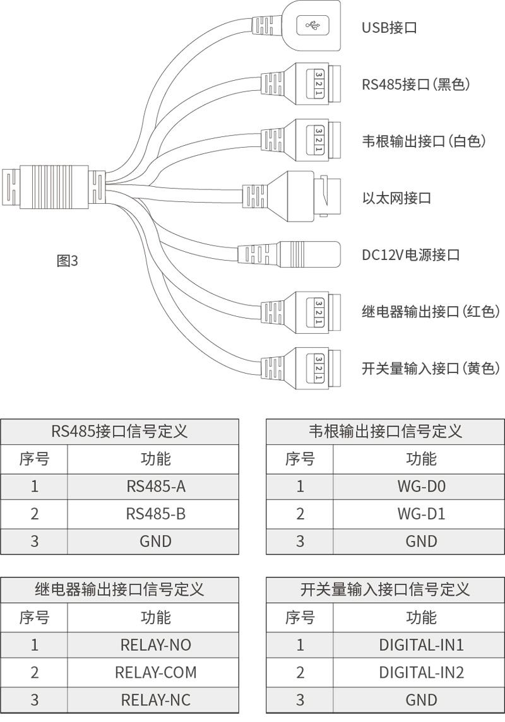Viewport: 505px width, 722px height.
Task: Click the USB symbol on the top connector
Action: pyautogui.click(x=312, y=25)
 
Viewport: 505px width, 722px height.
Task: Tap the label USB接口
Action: pyautogui.click(x=389, y=28)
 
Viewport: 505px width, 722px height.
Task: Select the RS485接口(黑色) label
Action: pyautogui.click(x=416, y=85)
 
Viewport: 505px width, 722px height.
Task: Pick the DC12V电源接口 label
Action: pyautogui.click(x=410, y=255)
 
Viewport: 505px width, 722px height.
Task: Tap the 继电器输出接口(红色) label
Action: pyautogui.click(x=431, y=312)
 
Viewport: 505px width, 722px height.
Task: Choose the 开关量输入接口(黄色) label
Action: pyautogui.click(x=431, y=369)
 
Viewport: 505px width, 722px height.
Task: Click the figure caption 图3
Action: pyautogui.click(x=68, y=261)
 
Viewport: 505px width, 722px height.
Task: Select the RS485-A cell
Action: pyautogui.click(x=155, y=487)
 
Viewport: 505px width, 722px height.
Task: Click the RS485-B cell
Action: pyautogui.click(x=155, y=514)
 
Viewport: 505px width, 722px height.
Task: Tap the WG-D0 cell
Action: pyautogui.click(x=421, y=487)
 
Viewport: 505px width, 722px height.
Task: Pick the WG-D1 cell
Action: pyautogui.click(x=421, y=514)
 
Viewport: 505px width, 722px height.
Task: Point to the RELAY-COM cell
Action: pyautogui.click(x=155, y=672)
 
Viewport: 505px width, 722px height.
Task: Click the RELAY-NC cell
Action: pyautogui.click(x=155, y=699)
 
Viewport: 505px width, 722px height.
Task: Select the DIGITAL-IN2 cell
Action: pyautogui.click(x=421, y=672)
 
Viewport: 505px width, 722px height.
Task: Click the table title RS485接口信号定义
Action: pyautogui.click(x=119, y=432)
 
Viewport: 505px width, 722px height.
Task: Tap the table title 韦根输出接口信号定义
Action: pyautogui.click(x=385, y=432)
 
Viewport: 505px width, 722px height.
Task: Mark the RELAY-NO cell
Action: pyautogui.click(x=155, y=645)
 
